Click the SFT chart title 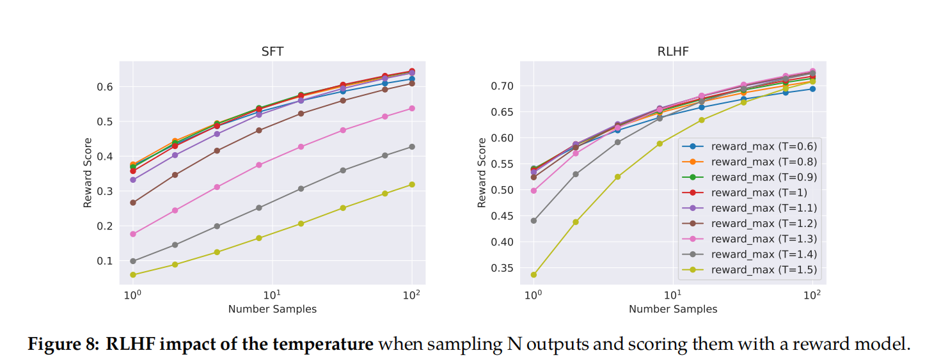coord(272,52)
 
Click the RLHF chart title coord(672,52)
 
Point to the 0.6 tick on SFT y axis coord(105,87)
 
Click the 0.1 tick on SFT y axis coord(105,261)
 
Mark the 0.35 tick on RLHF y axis coord(502,268)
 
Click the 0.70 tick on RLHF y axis coord(502,86)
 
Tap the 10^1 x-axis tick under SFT coord(272,295)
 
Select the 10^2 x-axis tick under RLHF coord(812,295)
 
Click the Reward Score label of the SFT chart coord(88,173)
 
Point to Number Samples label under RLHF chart coord(672,309)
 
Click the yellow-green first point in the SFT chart coord(133,275)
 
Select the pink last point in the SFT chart coord(412,108)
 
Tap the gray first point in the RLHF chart coord(534,221)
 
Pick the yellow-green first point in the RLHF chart coord(534,275)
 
